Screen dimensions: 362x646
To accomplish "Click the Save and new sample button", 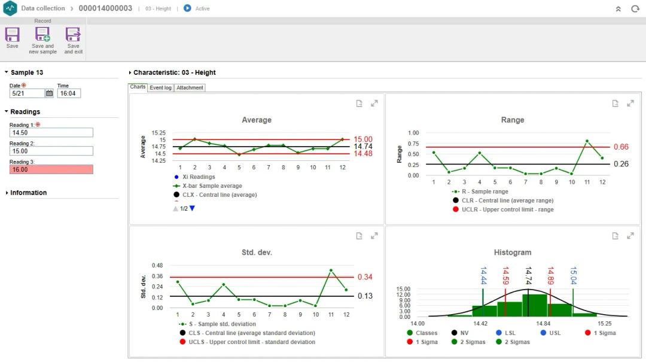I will tap(42, 40).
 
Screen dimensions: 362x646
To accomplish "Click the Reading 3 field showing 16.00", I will tap(51, 169).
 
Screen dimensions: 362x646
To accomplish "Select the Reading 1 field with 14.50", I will tap(51, 133).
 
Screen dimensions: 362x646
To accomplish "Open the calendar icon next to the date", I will tap(50, 93).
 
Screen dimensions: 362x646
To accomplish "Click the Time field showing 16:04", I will tap(69, 93).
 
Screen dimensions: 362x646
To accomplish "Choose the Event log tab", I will tap(160, 87).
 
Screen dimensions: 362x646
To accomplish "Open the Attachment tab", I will tap(190, 87).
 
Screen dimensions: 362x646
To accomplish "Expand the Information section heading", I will tap(28, 193).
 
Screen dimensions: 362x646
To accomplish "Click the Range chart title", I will tap(513, 120).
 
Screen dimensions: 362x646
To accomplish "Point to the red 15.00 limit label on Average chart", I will tap(362, 139).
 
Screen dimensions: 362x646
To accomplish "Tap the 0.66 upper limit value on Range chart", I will tap(621, 147).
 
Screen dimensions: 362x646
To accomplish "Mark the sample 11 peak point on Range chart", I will tap(587, 141).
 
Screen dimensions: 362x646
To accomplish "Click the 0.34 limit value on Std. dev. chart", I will tap(365, 277).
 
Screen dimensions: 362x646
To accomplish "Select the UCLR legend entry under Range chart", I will tap(507, 209).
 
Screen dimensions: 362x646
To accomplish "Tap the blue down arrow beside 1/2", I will tap(192, 208).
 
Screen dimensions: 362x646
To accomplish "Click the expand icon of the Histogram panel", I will tap(630, 236).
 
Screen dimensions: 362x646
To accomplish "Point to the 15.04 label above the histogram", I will tap(573, 276).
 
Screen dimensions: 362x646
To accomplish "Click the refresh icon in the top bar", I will tap(635, 9).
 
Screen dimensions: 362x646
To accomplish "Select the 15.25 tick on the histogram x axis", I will tap(604, 324).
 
